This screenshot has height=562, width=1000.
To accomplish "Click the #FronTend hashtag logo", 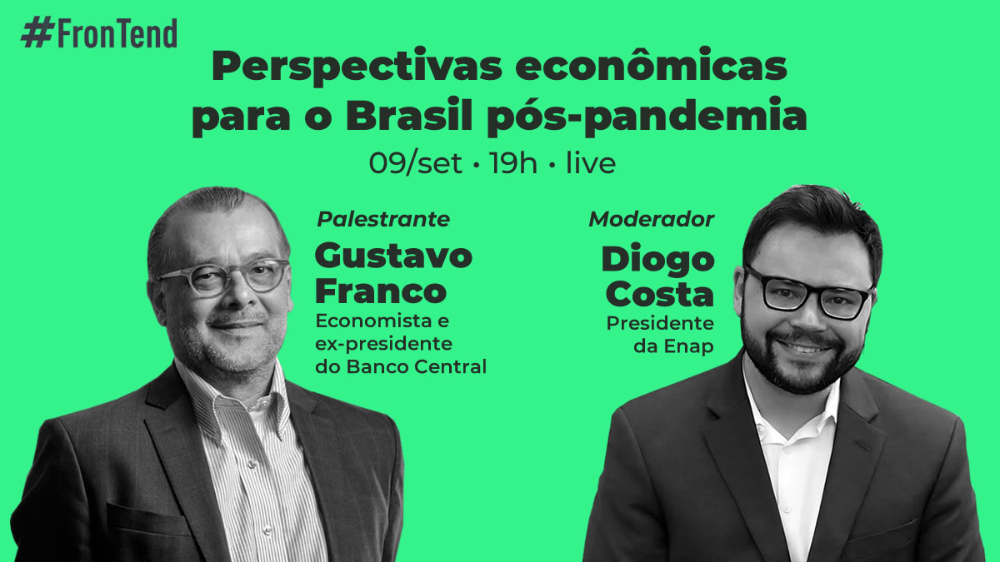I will [x=99, y=33].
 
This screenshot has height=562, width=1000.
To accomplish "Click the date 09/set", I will [x=415, y=164].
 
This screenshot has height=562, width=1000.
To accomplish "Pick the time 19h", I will [x=513, y=164].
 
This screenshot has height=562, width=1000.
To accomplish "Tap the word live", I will [x=591, y=164].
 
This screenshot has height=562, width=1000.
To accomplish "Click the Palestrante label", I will [x=383, y=220].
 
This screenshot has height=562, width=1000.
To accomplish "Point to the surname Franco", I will [x=380, y=291].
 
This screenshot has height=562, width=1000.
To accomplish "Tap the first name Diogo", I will [x=658, y=260].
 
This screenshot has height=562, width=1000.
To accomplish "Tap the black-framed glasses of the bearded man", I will [x=808, y=294].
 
